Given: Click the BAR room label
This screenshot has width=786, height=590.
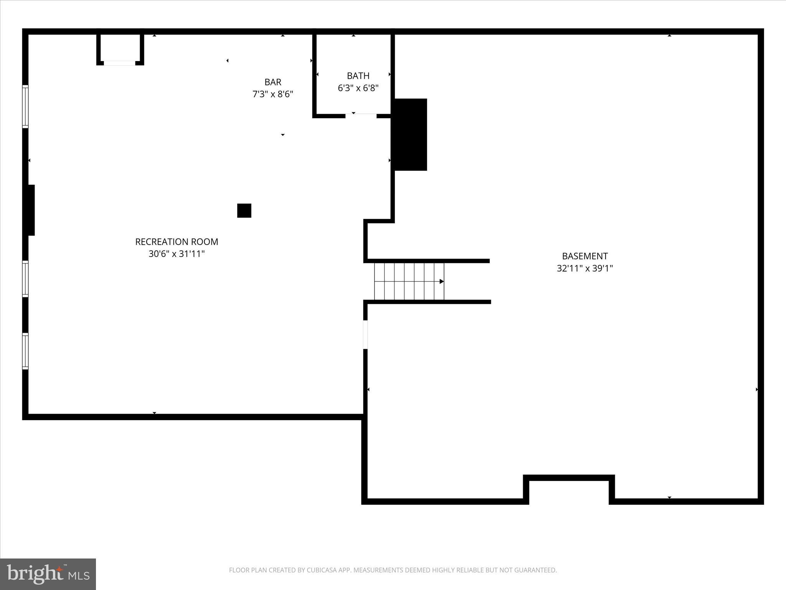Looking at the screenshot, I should pos(273,82).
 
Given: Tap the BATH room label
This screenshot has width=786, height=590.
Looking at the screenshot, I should pos(358,76).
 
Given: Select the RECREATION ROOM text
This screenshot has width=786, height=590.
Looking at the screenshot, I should pos(177,242).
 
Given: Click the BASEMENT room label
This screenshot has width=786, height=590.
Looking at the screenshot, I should pos(585,256).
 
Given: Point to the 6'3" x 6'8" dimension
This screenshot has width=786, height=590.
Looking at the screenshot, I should pos(358,88).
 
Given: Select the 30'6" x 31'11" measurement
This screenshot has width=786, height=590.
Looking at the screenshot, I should pos(177,254).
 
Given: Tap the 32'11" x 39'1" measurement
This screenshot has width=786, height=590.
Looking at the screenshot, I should pos(585,268).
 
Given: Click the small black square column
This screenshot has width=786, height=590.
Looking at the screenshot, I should pos(244,210).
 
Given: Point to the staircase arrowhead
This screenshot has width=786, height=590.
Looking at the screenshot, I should pos(442,282).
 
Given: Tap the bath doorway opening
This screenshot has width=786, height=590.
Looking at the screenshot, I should pos(361,115).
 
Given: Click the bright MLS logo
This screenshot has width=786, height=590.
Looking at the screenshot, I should pos(48,574).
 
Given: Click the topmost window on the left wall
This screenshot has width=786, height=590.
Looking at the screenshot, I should pos(25,106).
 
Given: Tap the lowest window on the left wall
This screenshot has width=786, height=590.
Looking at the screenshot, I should pos(25,351).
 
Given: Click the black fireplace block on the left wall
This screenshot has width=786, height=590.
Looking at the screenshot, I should pos(30,210).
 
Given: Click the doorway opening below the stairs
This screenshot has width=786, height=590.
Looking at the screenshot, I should pos(365,335).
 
